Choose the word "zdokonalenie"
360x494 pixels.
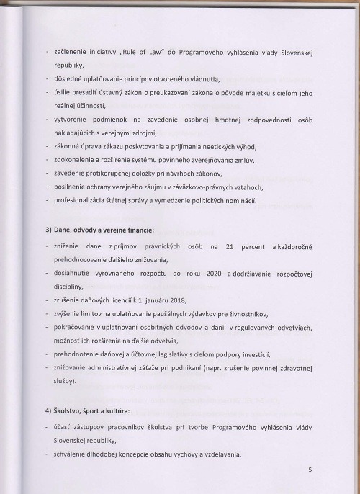(x=76, y=159)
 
